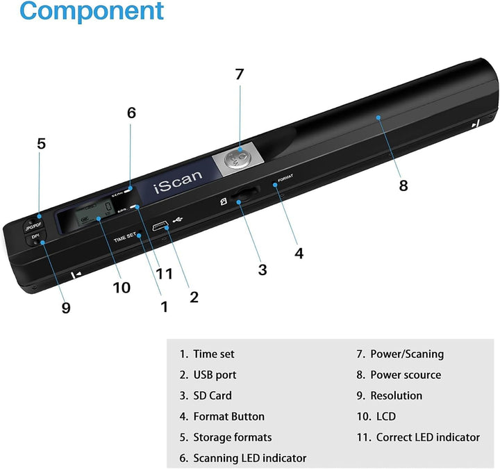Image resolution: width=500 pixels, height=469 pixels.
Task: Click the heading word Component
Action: pos(91,12)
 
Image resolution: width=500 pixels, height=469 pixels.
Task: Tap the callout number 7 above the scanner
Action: pos(240,74)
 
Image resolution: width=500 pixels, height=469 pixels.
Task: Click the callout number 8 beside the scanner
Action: pos(403,185)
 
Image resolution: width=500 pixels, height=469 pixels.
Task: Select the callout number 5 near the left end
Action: pos(41,144)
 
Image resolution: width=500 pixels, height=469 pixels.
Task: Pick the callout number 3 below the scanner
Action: pos(262,270)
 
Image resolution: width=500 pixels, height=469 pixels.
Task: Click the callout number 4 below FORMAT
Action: pos(299,253)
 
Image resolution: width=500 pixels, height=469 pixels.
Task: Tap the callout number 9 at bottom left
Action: pos(66,307)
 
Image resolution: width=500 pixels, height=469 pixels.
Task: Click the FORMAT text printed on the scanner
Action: pos(285,177)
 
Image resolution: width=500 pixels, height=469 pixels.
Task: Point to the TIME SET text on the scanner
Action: pos(125,239)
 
